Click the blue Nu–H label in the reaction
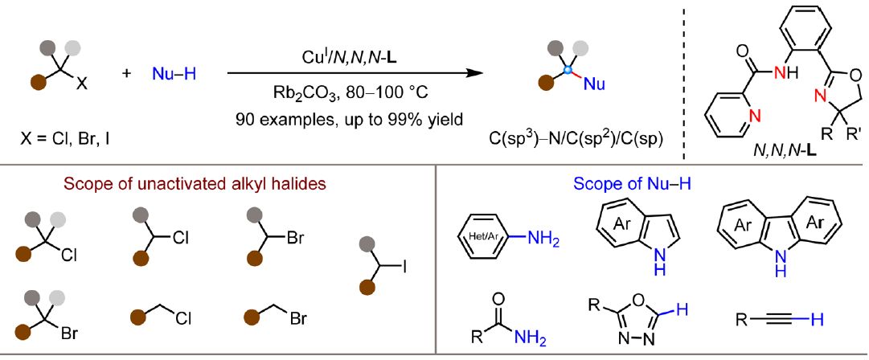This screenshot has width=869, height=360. click(174, 75)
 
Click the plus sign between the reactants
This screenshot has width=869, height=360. click(127, 74)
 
